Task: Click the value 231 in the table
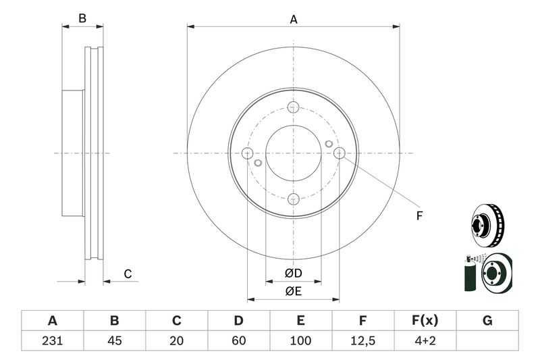[x=52, y=340]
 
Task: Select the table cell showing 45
[x=114, y=340]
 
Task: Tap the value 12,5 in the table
[x=362, y=340]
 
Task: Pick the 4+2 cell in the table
[x=425, y=340]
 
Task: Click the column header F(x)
[x=425, y=321]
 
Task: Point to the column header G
[x=487, y=321]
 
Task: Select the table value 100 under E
[x=300, y=340]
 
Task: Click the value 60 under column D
[x=238, y=340]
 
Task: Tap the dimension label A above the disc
[x=294, y=20]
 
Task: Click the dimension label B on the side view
[x=82, y=19]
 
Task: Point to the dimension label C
[x=127, y=274]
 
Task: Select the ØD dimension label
[x=292, y=274]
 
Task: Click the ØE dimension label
[x=292, y=291]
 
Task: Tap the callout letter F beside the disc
[x=418, y=216]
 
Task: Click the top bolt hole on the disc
[x=293, y=107]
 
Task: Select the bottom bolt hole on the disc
[x=293, y=199]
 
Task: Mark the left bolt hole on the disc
[x=247, y=153]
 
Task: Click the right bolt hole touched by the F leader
[x=340, y=153]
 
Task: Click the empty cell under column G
[x=487, y=340]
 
